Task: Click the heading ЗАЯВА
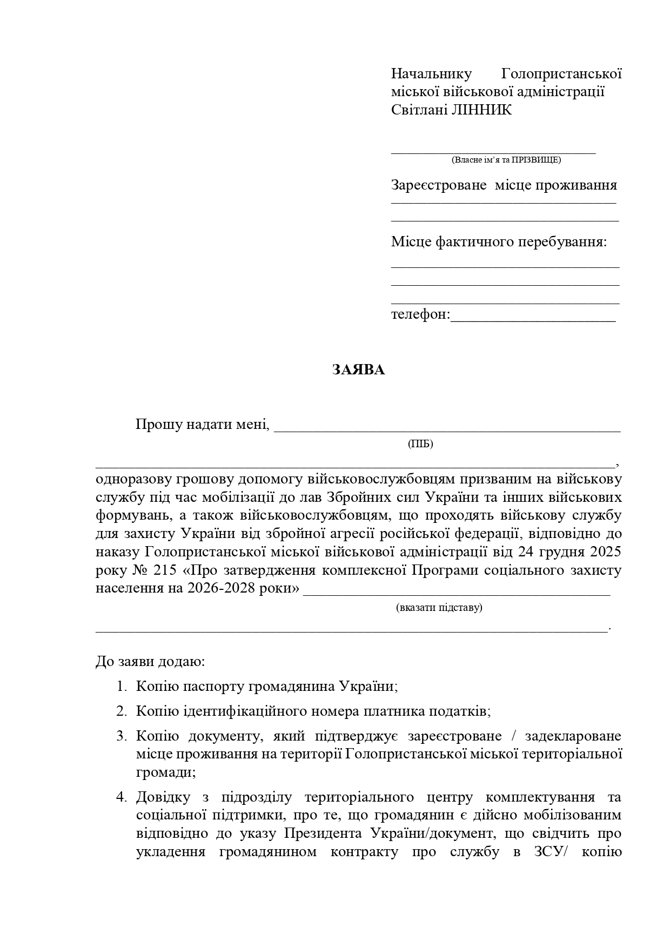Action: pos(358,370)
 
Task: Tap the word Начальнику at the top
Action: pos(431,73)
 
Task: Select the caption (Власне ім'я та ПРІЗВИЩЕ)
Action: pos(506,160)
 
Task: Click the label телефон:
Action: pos(420,314)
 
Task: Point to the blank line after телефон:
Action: pos(533,318)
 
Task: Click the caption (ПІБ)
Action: pos(420,444)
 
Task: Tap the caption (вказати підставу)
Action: pos(439,607)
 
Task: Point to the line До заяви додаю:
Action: pos(150,661)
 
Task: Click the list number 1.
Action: pos(120,687)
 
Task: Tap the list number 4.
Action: pos(120,797)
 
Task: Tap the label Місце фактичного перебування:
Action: pos(499,241)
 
